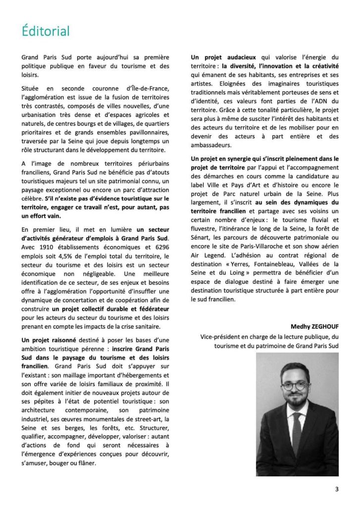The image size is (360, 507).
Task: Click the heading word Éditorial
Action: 46,31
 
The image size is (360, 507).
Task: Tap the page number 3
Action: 337,490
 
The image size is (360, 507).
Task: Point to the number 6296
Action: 160,247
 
